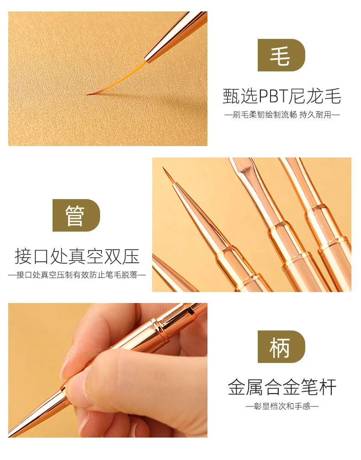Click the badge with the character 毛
coord(281,55)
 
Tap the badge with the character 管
coord(76,215)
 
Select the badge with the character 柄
coord(281,346)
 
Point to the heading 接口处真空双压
coord(77,256)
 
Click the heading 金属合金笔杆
coord(282,388)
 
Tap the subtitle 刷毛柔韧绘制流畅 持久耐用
coord(282,114)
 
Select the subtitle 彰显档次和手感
coord(282,406)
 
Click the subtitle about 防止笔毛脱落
coord(77,275)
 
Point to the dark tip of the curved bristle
coord(90,94)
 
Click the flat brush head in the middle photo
coord(243,168)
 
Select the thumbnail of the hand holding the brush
coord(108,370)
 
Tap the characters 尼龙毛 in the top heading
coord(320,97)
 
